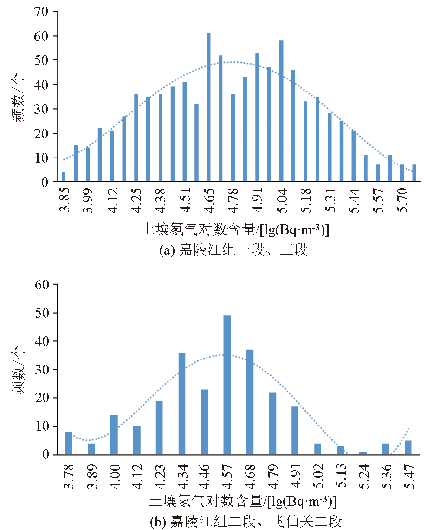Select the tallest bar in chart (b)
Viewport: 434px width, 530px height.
point(227,385)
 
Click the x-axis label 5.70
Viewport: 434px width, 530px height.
point(402,202)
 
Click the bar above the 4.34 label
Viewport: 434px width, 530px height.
point(182,404)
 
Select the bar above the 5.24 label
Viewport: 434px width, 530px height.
point(363,453)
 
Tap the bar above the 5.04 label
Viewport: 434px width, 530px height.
point(281,111)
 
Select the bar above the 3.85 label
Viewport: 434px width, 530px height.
point(64,177)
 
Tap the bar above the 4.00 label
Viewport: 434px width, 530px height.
point(114,435)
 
